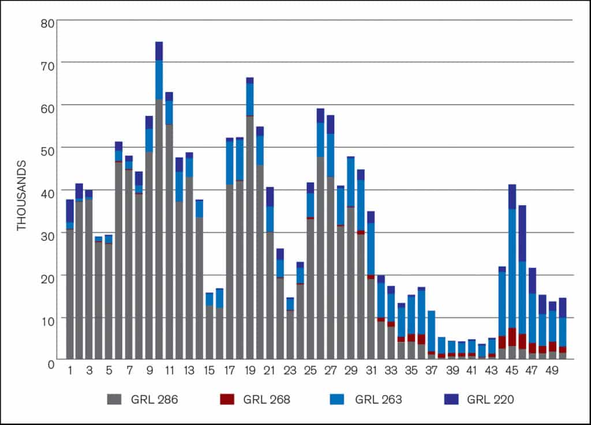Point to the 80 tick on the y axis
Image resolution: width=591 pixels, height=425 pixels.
pyautogui.click(x=47, y=23)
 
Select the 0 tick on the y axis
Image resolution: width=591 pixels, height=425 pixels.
pyautogui.click(x=51, y=363)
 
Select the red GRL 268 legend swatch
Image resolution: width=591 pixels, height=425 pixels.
pyautogui.click(x=227, y=399)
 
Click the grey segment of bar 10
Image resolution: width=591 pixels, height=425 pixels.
pyautogui.click(x=159, y=231)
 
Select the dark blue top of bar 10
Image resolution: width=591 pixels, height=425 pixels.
pyautogui.click(x=159, y=51)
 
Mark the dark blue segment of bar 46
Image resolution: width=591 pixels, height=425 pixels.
pyautogui.click(x=522, y=234)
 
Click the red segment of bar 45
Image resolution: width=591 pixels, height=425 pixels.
pyautogui.click(x=512, y=337)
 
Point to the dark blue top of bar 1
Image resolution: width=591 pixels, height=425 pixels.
pyautogui.click(x=70, y=210)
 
